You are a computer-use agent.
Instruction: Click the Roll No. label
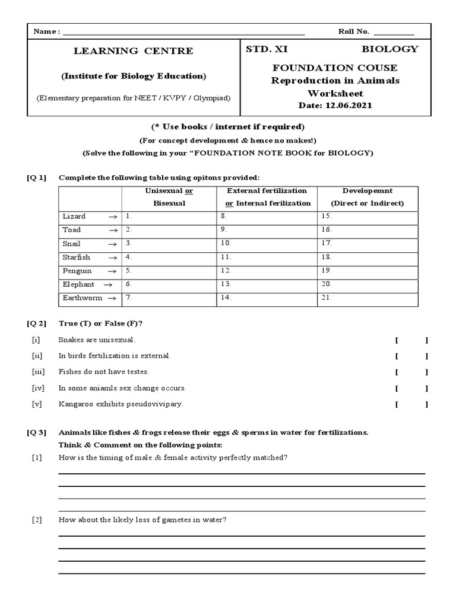point(353,31)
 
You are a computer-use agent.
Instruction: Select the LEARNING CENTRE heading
point(133,51)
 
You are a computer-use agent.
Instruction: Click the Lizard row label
point(74,217)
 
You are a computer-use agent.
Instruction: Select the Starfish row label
point(76,257)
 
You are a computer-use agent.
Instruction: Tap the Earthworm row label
point(82,298)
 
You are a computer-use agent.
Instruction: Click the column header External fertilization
point(267,191)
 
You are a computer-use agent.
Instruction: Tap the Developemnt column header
point(367,191)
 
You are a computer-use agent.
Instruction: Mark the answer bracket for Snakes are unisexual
point(411,340)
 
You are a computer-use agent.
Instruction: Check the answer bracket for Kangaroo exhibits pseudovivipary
point(411,404)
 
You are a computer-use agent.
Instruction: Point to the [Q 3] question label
point(36,432)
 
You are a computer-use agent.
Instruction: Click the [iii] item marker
point(36,372)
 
